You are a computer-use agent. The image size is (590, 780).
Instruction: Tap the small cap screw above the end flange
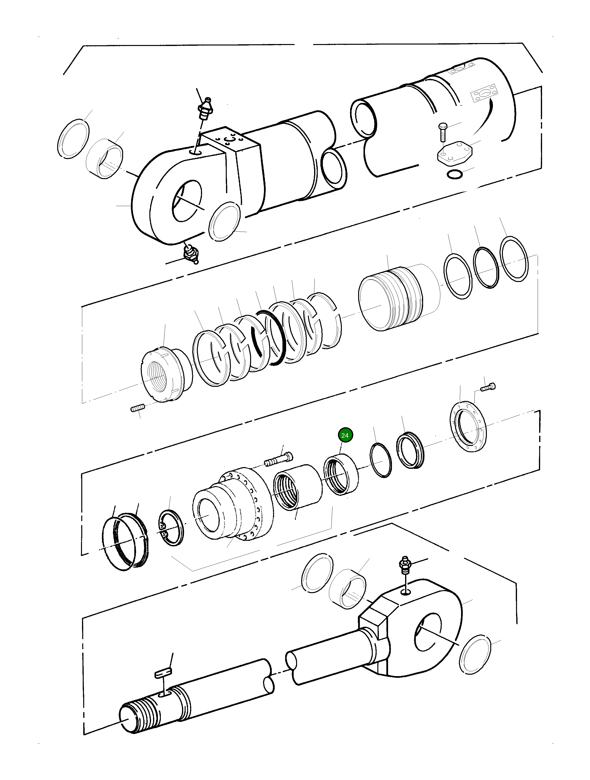tap(489, 387)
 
